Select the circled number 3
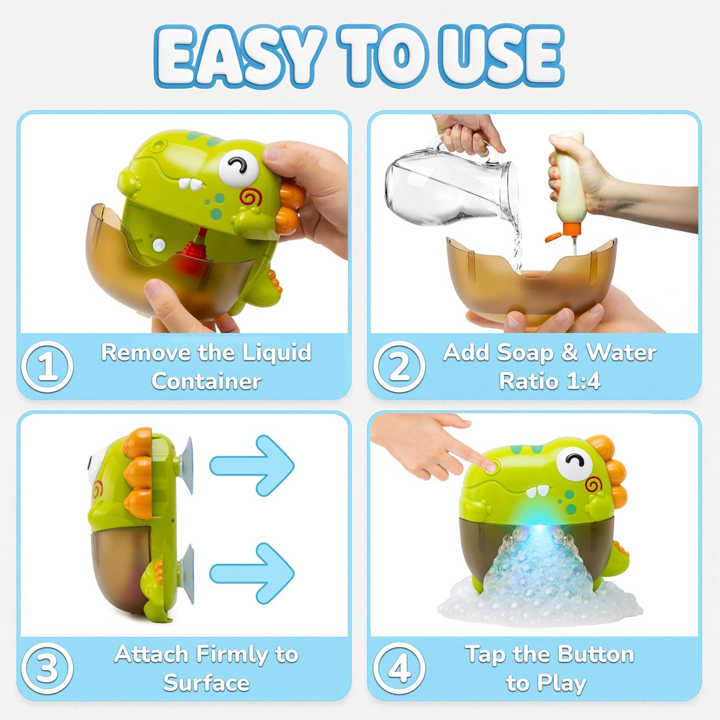tap(47, 668)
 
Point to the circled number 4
tap(399, 668)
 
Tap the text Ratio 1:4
tap(550, 382)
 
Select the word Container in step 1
tap(206, 382)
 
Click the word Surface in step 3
tap(206, 683)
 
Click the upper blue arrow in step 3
tap(252, 465)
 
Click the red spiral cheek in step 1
tap(251, 197)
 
